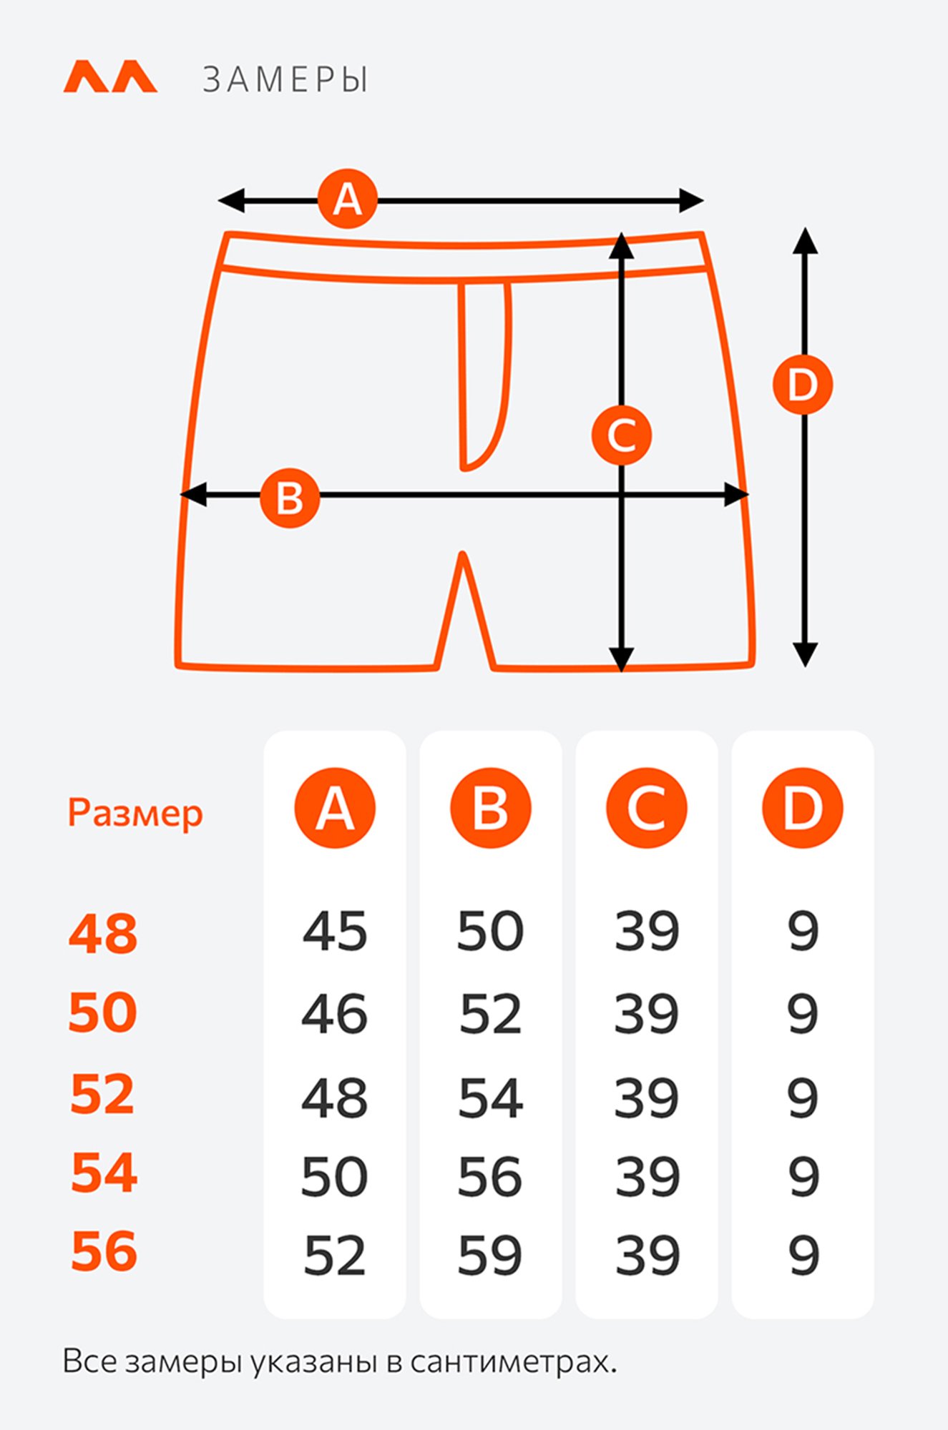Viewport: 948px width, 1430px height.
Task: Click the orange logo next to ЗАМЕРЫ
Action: pos(110,77)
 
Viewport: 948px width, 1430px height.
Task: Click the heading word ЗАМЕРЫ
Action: pos(285,79)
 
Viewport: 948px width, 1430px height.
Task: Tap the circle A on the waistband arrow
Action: pos(348,199)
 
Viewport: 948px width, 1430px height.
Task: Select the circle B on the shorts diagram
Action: pos(290,498)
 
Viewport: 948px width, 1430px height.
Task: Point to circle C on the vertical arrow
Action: pos(622,435)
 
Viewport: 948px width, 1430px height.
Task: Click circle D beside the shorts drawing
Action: pos(803,385)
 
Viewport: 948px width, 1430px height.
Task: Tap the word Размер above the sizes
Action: pos(135,814)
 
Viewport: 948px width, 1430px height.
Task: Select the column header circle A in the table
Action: pos(335,808)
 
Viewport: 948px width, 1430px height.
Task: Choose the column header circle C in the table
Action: pos(647,808)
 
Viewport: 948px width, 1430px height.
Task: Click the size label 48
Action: pos(103,934)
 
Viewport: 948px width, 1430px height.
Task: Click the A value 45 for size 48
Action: pos(335,931)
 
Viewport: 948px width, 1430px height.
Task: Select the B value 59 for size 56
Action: pos(490,1256)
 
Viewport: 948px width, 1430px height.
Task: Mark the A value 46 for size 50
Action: pos(335,1014)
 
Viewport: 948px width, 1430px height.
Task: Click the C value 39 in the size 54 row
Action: pos(648,1177)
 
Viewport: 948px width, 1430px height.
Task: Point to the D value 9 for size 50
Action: pos(803,1014)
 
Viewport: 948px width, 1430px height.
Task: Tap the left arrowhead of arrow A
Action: pos(230,201)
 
